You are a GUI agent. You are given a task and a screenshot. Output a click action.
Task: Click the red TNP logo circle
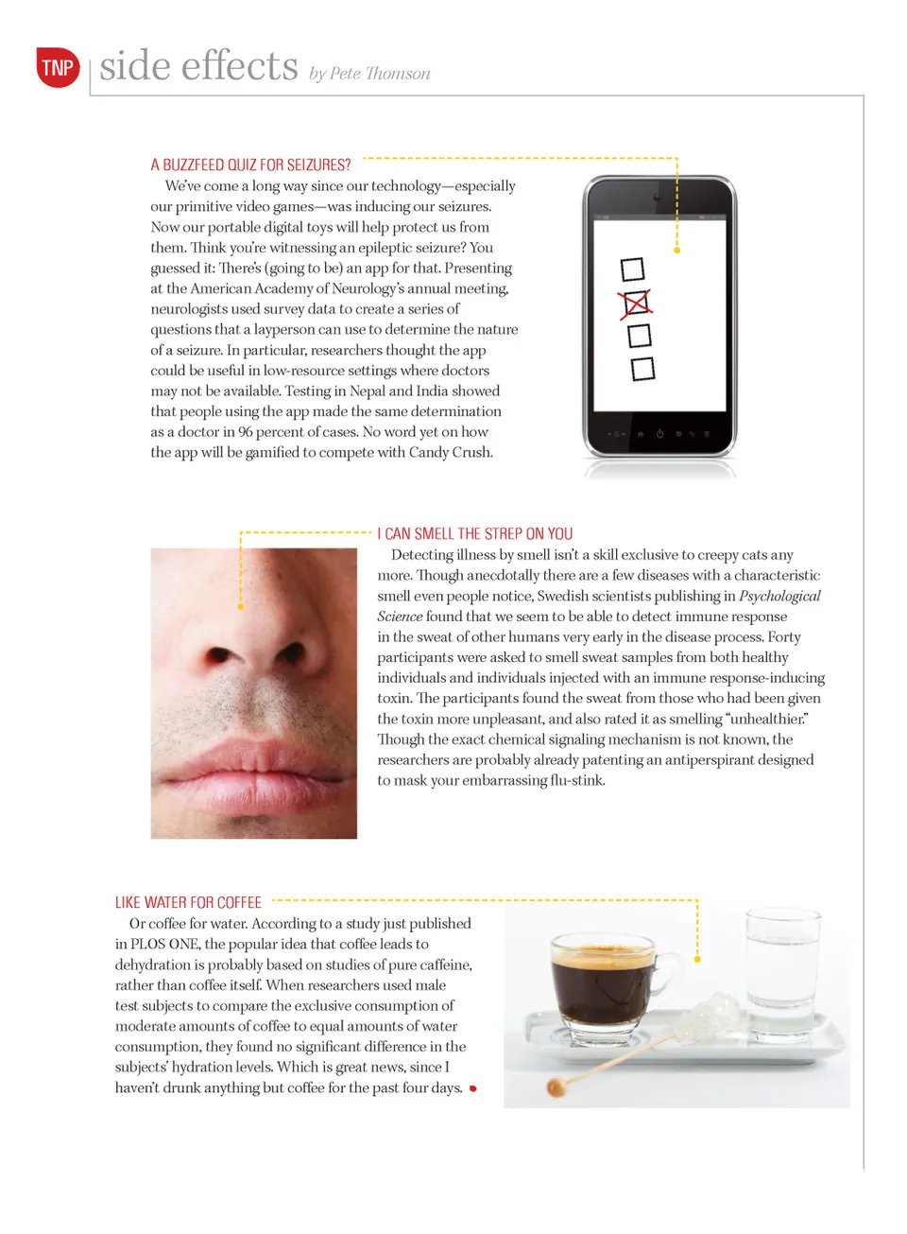[x=58, y=67]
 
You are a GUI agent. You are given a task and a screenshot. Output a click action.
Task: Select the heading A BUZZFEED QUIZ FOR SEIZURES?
[x=250, y=165]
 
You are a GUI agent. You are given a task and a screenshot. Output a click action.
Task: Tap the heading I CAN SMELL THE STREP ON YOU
[x=475, y=533]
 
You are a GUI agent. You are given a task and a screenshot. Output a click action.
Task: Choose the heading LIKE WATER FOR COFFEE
[x=188, y=902]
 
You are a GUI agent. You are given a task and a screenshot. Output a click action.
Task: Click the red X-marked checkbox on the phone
[x=636, y=304]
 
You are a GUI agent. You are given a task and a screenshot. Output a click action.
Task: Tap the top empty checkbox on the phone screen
[x=632, y=269]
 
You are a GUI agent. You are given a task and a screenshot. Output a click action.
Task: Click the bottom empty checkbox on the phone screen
[x=642, y=368]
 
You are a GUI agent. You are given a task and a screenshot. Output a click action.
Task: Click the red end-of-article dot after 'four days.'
[x=472, y=1088]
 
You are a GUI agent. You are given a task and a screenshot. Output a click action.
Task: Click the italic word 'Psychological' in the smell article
[x=779, y=596]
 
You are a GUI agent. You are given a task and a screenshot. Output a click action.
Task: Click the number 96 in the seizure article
[x=245, y=431]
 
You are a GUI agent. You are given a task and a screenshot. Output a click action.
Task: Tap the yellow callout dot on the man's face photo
[x=241, y=606]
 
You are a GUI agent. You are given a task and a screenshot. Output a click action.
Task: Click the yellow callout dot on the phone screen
[x=676, y=251]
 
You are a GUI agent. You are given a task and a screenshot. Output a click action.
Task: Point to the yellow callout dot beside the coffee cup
[x=697, y=959]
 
